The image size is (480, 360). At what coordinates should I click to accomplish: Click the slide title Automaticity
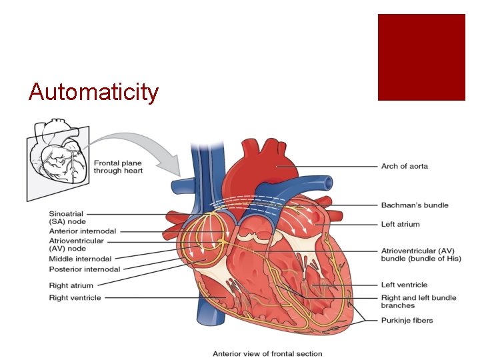click(94, 91)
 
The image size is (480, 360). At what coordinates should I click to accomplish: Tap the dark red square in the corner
click(421, 57)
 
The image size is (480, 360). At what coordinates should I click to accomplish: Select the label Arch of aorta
click(404, 166)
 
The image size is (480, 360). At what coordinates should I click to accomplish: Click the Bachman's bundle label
click(414, 205)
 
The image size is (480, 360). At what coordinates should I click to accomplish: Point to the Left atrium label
click(400, 225)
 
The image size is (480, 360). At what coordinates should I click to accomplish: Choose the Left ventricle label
click(404, 285)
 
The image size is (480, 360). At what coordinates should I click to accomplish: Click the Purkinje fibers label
click(407, 321)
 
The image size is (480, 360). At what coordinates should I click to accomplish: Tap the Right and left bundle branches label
click(418, 302)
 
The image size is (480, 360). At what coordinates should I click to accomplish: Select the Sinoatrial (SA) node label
click(67, 217)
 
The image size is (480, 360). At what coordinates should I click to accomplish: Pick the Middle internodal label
click(80, 259)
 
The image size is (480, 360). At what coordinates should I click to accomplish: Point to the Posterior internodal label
click(84, 269)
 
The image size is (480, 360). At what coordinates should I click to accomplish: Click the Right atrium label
click(71, 286)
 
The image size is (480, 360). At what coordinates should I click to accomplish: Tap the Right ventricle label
click(75, 298)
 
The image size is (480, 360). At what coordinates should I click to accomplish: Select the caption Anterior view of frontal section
click(267, 354)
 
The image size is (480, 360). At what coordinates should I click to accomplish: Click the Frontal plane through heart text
click(118, 167)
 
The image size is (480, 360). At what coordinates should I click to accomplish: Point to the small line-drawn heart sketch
click(58, 159)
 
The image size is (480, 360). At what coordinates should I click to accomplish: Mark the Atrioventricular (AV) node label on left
click(76, 245)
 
